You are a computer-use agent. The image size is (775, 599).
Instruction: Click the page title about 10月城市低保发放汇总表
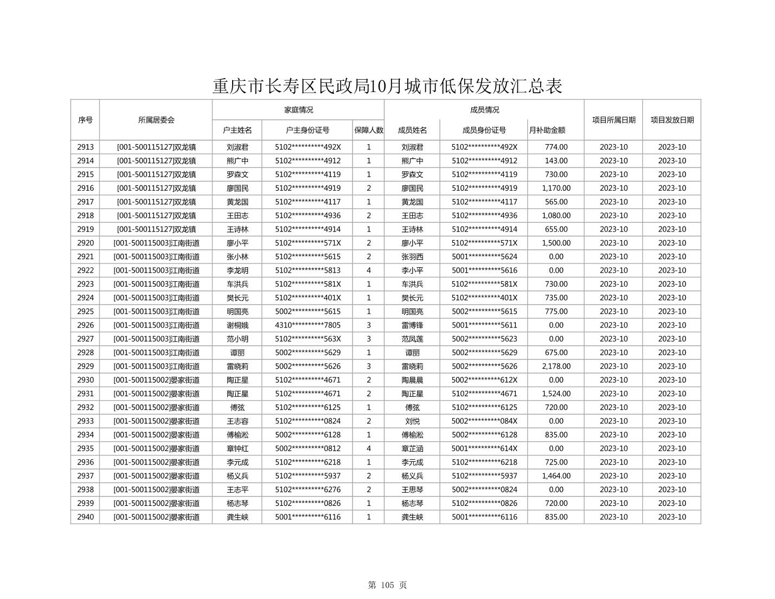click(x=387, y=86)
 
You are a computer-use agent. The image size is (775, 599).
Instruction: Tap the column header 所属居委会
click(x=156, y=120)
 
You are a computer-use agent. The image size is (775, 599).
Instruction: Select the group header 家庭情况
click(x=298, y=110)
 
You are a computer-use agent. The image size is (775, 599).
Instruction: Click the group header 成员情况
click(x=484, y=110)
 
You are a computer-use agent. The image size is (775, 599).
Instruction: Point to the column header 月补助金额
click(x=547, y=130)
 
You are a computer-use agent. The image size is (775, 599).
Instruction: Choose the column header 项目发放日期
click(x=672, y=120)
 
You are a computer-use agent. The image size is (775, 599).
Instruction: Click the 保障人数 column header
click(x=369, y=130)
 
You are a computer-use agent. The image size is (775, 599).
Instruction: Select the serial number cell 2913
click(x=85, y=147)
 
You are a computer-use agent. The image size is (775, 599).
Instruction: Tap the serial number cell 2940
click(x=85, y=517)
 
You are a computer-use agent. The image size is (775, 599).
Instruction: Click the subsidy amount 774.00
click(x=556, y=147)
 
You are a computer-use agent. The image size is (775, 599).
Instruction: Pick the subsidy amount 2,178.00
click(x=556, y=366)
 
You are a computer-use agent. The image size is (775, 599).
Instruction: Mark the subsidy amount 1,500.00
click(x=556, y=243)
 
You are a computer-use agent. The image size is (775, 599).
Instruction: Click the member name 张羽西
click(x=412, y=257)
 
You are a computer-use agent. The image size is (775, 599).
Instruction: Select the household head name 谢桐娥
click(x=238, y=325)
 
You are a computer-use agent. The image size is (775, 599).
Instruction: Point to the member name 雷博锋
click(x=412, y=325)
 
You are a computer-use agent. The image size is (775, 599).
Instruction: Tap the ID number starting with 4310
click(x=308, y=325)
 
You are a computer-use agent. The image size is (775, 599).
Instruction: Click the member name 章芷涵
click(x=412, y=449)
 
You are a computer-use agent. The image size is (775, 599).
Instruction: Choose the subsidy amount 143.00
click(x=556, y=161)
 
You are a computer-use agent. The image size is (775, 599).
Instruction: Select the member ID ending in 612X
click(x=484, y=380)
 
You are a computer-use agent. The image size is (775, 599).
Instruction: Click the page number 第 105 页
click(x=387, y=585)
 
